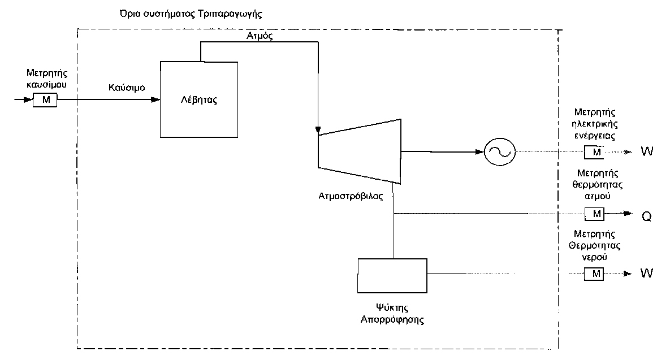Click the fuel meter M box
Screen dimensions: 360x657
coord(46,100)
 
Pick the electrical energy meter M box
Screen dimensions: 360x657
coord(594,152)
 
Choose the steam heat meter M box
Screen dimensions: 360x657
coord(594,214)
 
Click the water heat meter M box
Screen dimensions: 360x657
coord(594,274)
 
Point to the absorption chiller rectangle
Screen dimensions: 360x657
coord(392,275)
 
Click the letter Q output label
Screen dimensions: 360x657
coord(646,215)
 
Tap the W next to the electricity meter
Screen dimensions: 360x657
coord(646,152)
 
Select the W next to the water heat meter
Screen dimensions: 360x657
coord(646,274)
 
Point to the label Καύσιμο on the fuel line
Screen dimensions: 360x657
coord(127,89)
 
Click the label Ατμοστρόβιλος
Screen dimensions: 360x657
coord(351,197)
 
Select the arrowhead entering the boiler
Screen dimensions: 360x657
coord(155,100)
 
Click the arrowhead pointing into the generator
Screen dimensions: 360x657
coord(480,151)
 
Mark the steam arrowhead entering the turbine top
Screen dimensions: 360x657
coord(318,131)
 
